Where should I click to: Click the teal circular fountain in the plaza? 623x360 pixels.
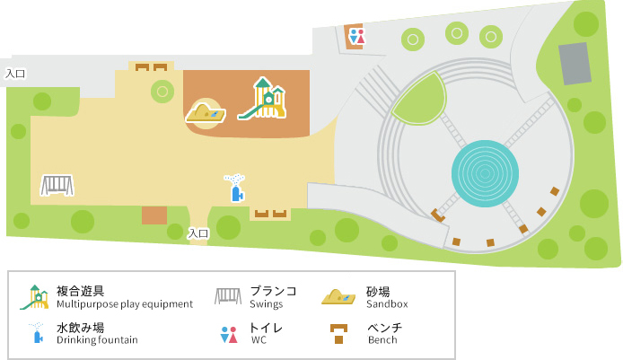pos(484,172)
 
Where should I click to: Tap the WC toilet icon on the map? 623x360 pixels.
pos(357,37)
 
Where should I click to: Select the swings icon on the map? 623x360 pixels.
pos(57,185)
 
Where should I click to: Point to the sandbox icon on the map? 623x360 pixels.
pos(206,113)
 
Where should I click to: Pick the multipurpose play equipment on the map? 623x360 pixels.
pos(263,98)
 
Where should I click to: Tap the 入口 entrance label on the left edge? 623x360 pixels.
pos(14,74)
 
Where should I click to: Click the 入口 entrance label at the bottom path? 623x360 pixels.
pos(198,233)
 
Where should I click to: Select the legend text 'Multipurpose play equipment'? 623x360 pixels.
pos(125,304)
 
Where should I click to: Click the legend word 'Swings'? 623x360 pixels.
pos(266,304)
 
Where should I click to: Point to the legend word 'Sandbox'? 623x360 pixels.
pos(387,304)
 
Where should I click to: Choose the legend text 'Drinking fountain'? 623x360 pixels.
pos(97,340)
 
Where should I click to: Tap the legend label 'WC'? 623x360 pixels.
pos(259,340)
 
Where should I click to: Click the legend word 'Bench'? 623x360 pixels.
pos(382,340)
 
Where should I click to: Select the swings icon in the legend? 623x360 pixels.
pos(228,297)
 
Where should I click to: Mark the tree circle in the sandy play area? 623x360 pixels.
pos(162,90)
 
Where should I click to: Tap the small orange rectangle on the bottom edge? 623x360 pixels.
pos(154,215)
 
